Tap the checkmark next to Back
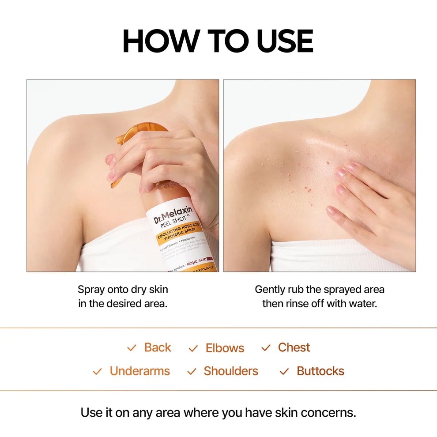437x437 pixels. coord(132,348)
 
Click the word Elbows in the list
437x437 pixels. coord(225,348)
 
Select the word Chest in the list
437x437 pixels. coord(294,347)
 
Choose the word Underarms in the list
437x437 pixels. coord(139,371)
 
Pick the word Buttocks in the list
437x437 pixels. coord(320,371)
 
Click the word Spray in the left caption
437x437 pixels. coord(91,290)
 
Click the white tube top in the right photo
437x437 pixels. coord(327,256)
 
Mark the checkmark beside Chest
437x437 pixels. coord(266,348)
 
